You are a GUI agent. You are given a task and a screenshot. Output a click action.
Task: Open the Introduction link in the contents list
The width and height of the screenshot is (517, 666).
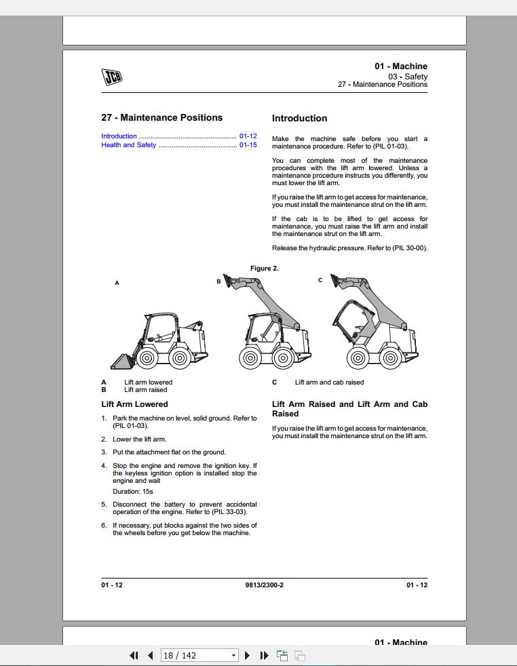pyautogui.click(x=119, y=136)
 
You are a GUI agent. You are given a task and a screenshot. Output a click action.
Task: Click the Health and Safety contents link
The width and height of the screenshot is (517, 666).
pyautogui.click(x=129, y=145)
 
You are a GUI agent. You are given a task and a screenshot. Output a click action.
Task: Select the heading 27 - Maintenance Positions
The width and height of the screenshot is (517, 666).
pyautogui.click(x=161, y=118)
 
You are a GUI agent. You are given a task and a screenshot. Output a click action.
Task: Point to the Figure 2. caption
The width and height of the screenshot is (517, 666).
pyautogui.click(x=265, y=269)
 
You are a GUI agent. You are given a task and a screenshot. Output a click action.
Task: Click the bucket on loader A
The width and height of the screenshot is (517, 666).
pyautogui.click(x=123, y=362)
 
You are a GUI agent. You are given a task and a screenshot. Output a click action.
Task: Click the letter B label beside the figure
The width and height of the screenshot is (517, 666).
pyautogui.click(x=218, y=281)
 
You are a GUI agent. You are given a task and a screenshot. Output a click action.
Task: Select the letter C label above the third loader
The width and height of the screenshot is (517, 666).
pyautogui.click(x=321, y=280)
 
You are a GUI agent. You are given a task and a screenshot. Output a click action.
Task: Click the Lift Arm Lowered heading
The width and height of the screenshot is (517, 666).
pyautogui.click(x=134, y=404)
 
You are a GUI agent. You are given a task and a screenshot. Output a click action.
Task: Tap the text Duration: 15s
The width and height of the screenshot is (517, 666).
pyautogui.click(x=128, y=492)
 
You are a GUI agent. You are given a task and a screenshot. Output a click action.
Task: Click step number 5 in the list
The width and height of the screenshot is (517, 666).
pyautogui.click(x=104, y=505)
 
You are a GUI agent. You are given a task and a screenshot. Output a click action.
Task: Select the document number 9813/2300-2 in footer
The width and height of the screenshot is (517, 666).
pyautogui.click(x=265, y=585)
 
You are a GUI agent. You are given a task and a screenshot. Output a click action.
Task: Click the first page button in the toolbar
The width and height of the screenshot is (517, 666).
pyautogui.click(x=134, y=655)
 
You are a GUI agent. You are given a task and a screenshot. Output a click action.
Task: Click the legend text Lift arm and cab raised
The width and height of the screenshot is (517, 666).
pyautogui.click(x=329, y=383)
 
